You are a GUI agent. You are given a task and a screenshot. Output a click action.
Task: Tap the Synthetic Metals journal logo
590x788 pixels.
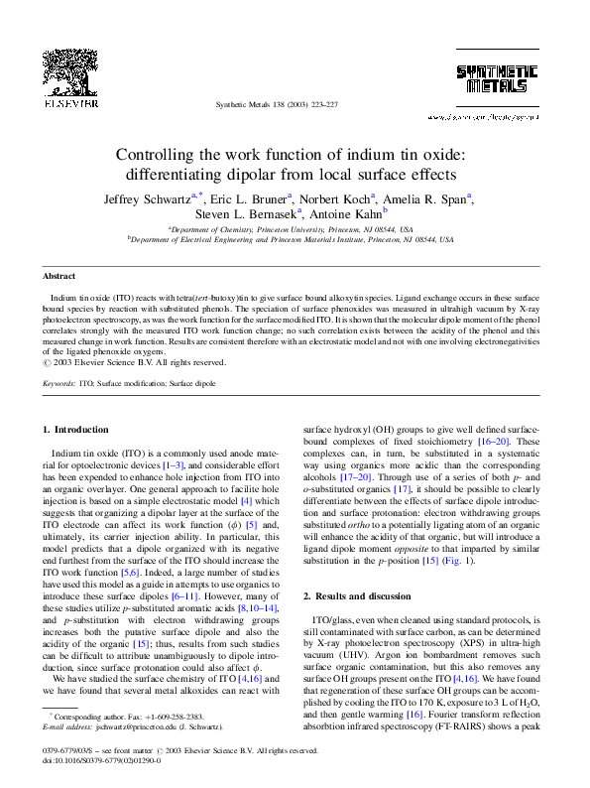pyautogui.click(x=496, y=78)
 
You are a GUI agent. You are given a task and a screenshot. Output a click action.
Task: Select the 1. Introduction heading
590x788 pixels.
pyautogui.click(x=78, y=429)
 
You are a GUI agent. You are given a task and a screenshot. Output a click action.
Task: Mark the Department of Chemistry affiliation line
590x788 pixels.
pyautogui.click(x=294, y=228)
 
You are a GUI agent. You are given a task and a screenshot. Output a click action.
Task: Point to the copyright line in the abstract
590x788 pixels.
pyautogui.click(x=133, y=362)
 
